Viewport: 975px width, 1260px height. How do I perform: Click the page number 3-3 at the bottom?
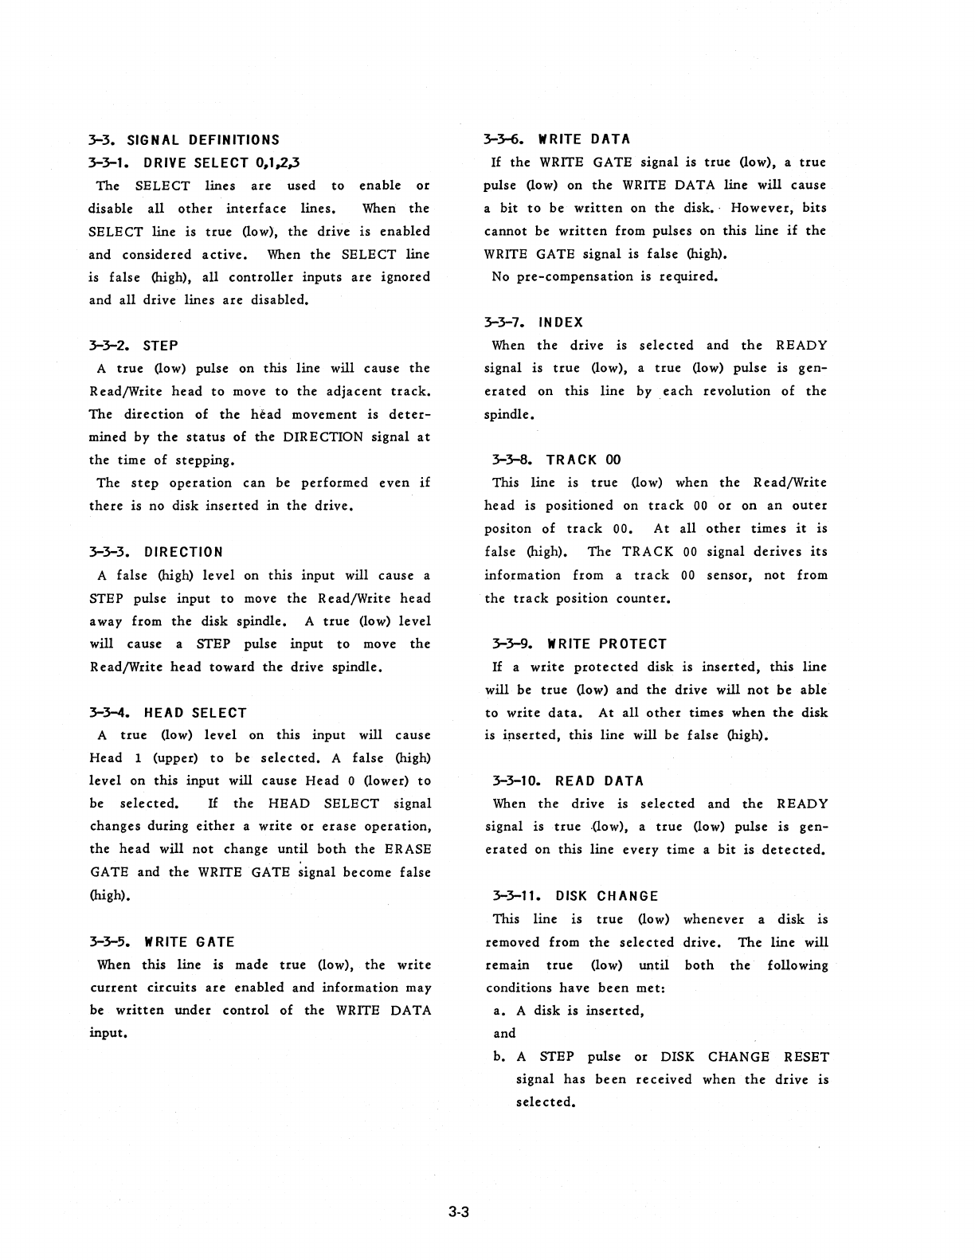coord(460,1213)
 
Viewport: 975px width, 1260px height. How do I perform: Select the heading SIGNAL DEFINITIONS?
coord(203,140)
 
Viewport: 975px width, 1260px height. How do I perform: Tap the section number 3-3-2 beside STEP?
coord(112,346)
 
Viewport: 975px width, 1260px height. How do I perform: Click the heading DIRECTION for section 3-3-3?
coord(183,552)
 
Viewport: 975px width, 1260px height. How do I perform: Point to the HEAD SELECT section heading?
coord(195,713)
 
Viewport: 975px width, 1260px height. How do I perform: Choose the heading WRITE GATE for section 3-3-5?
coord(189,942)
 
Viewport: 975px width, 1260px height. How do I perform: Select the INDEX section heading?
coord(561,323)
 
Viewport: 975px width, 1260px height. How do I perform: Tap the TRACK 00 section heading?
coord(583,460)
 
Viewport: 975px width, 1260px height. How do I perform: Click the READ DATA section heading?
coord(600,781)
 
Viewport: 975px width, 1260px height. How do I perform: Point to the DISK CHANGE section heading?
coord(607,896)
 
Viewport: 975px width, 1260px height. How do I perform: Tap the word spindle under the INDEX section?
coord(508,415)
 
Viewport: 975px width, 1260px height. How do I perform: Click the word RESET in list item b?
coord(806,1057)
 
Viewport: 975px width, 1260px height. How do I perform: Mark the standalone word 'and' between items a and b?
coord(505,1034)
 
